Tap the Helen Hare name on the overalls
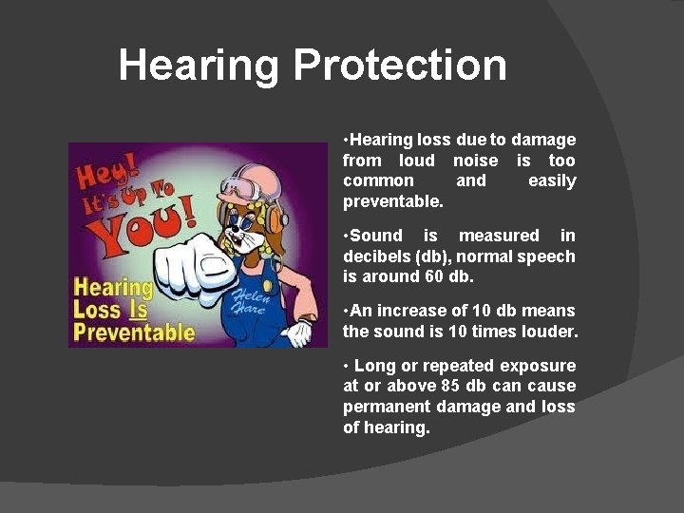click(x=250, y=302)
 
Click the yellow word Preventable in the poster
click(x=134, y=332)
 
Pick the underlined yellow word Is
click(x=139, y=310)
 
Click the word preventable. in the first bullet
click(x=392, y=201)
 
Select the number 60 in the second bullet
click(x=433, y=276)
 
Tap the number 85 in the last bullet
click(x=452, y=386)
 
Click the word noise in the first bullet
click(x=475, y=161)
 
